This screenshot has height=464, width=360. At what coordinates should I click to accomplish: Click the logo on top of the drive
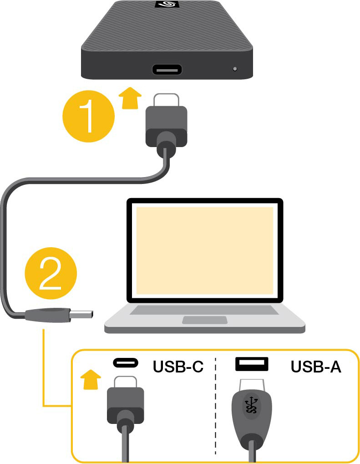167,5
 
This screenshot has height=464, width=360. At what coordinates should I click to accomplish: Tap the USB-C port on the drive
167,70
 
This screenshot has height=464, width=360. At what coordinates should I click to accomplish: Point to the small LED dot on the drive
235,69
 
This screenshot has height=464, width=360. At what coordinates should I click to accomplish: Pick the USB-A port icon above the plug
252,363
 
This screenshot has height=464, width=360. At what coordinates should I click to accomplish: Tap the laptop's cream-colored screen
205,250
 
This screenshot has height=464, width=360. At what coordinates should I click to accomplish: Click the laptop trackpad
204,320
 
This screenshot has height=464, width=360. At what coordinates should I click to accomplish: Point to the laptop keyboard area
204,310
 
